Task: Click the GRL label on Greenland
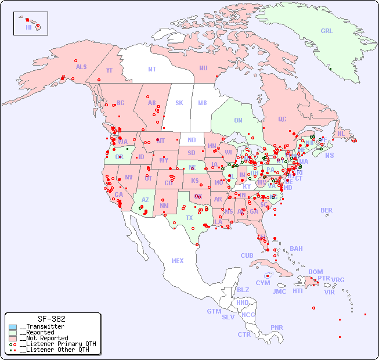coord(327,31)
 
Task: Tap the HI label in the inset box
coord(28,27)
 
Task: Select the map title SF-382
coord(52,319)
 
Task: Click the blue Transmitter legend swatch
coord(13,327)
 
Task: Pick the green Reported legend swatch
coord(13,333)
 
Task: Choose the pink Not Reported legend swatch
coord(13,338)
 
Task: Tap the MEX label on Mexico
coord(178,261)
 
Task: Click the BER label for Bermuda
coord(327,210)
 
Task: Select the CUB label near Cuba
coord(247,255)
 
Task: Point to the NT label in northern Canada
coord(152,69)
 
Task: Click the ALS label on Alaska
coord(81,67)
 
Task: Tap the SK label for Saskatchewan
coord(179,103)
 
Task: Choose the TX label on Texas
coord(189,218)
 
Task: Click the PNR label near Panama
coord(277,327)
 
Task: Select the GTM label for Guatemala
coord(214,311)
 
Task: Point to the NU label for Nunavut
coord(203,68)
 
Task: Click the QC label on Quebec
coord(282,119)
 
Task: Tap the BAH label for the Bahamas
coord(296,249)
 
